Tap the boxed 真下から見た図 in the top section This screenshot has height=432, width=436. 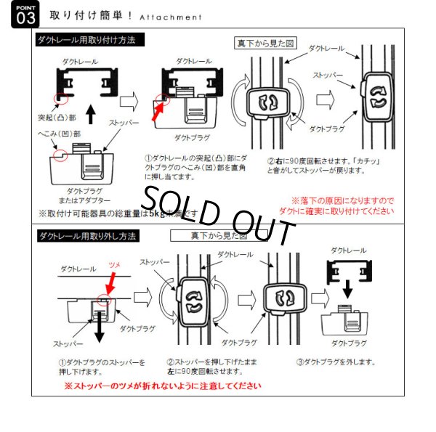[x=265, y=44]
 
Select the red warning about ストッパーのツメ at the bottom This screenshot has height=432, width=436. [x=162, y=386]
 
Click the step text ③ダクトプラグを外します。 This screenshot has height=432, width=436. [x=335, y=362]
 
